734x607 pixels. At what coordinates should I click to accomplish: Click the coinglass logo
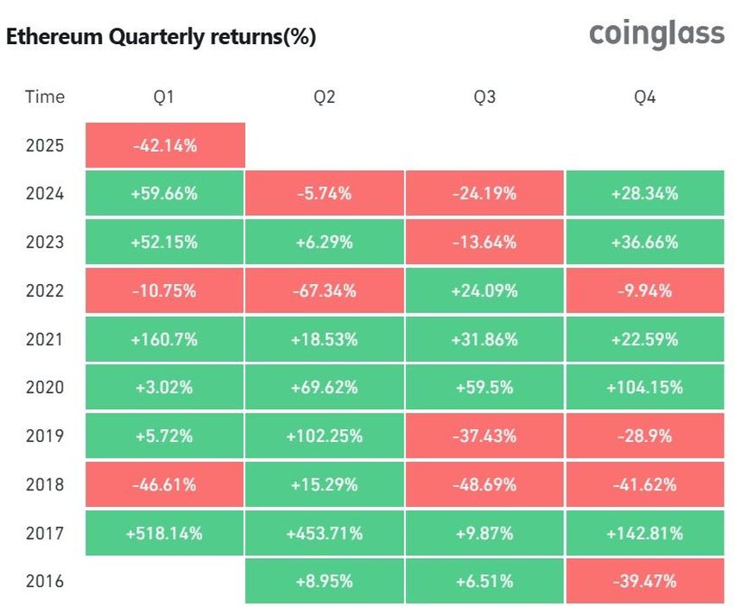656,35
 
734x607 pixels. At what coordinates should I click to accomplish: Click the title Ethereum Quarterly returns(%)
161,37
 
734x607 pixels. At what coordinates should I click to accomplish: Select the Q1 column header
164,97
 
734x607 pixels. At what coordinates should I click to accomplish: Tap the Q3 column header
484,97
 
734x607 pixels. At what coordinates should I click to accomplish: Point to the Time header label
45,97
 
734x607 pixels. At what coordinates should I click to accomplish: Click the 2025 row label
45,145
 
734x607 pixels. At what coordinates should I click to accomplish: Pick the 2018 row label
45,484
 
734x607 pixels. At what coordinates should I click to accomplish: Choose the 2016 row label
45,581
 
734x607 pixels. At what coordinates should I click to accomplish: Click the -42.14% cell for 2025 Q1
165,145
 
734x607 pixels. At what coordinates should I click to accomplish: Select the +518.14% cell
165,533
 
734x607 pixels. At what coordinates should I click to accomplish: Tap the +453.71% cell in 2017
325,533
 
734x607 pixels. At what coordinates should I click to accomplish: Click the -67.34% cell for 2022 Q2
325,290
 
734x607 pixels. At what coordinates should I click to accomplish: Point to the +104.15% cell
644,387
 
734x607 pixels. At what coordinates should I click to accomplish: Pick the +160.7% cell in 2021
165,338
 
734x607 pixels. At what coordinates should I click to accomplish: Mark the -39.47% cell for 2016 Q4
644,581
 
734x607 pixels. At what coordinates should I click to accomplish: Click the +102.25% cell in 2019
325,435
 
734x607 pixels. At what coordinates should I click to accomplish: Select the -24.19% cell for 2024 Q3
484,193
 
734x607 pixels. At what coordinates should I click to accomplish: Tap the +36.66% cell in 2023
644,242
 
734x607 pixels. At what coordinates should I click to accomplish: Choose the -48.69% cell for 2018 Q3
484,484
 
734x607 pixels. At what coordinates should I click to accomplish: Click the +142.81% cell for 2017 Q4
644,533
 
